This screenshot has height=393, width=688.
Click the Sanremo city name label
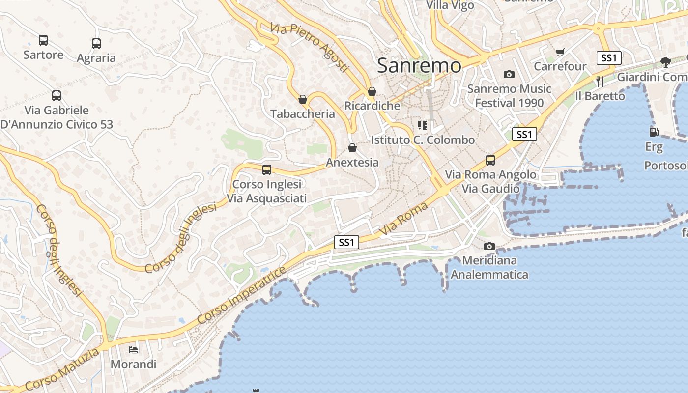tap(419, 66)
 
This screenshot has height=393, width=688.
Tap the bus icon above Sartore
tap(43, 40)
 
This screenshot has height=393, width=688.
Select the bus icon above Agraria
tap(96, 44)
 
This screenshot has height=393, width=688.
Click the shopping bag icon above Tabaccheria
tap(303, 99)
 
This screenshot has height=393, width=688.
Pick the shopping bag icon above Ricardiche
tap(372, 91)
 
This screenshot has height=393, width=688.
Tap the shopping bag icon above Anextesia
tap(352, 148)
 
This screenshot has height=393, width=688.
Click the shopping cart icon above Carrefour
tap(560, 52)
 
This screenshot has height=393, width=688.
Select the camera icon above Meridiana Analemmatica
tap(489, 246)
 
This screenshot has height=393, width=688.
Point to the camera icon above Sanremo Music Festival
tap(509, 75)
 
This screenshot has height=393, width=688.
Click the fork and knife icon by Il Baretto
tap(600, 82)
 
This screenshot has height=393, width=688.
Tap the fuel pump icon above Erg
tap(654, 132)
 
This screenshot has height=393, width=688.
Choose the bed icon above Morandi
tap(133, 350)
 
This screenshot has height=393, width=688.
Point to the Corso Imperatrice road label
tap(241, 295)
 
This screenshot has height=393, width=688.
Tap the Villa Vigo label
tap(450, 5)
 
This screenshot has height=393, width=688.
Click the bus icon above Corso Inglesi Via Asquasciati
tap(267, 170)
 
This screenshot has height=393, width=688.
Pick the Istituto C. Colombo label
tap(423, 140)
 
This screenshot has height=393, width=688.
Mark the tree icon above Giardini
tap(666, 62)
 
